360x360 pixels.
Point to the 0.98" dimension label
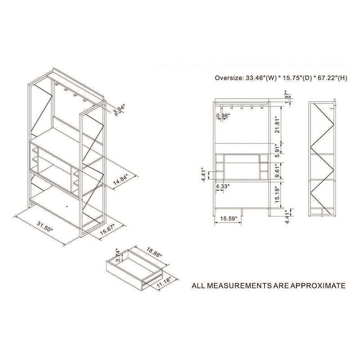223,116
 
